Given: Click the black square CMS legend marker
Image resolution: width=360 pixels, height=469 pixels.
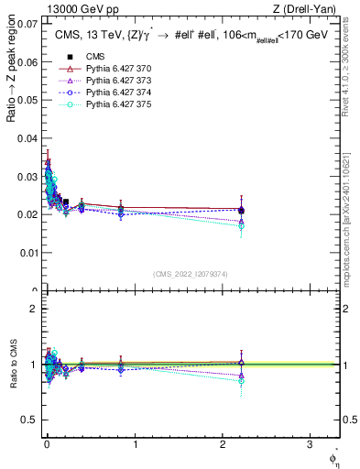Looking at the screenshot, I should point(70,57).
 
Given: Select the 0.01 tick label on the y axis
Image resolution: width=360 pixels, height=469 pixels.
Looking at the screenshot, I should point(27,252).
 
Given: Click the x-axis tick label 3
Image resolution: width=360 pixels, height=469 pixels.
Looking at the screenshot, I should point(311,446).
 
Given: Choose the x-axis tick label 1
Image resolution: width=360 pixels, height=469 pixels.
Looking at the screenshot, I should point(135,446).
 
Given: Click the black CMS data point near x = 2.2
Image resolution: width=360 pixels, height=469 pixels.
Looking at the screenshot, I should point(241,211).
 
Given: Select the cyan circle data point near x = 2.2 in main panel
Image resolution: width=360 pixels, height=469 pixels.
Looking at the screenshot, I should point(241,225).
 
